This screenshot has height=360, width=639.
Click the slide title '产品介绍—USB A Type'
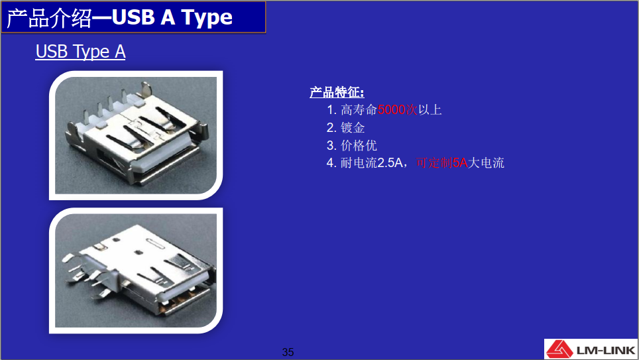pyautogui.click(x=119, y=17)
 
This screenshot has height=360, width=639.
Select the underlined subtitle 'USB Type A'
pyautogui.click(x=80, y=52)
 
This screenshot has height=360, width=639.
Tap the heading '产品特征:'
pyautogui.click(x=337, y=92)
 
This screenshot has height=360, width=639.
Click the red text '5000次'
pyautogui.click(x=398, y=109)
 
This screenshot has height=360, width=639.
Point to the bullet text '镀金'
pyautogui.click(x=353, y=127)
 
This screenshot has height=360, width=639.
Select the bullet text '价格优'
pyautogui.click(x=359, y=145)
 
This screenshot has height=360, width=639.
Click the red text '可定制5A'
pyautogui.click(x=441, y=162)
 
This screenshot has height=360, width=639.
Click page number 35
pyautogui.click(x=288, y=352)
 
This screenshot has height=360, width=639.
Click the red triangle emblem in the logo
pyautogui.click(x=559, y=349)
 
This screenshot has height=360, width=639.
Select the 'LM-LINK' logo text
pyautogui.click(x=606, y=350)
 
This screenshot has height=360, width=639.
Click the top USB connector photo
pyautogui.click(x=136, y=135)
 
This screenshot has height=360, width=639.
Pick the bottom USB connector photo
pyautogui.click(x=136, y=270)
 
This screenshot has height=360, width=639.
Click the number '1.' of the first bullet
pyautogui.click(x=331, y=109)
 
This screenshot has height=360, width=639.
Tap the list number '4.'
pyautogui.click(x=331, y=162)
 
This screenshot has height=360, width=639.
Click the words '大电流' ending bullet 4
pyautogui.click(x=486, y=162)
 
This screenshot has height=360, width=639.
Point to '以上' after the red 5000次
pyautogui.click(x=430, y=109)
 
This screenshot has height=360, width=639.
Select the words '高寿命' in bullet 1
pyautogui.click(x=359, y=109)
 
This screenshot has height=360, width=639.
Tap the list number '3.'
pyautogui.click(x=331, y=145)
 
